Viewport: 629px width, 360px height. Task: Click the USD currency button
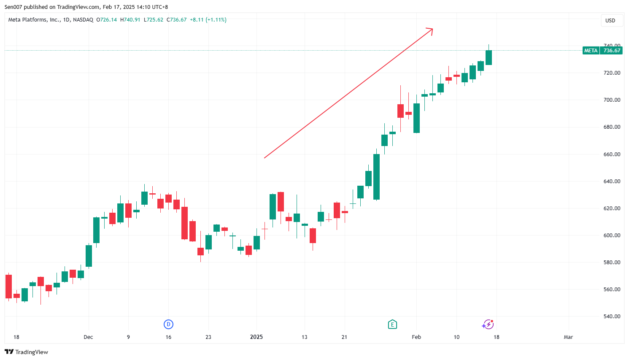(x=610, y=20)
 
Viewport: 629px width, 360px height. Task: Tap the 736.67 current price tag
(x=612, y=51)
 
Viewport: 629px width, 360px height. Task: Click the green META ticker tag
(x=591, y=51)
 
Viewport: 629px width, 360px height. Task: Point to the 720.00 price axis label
(x=612, y=73)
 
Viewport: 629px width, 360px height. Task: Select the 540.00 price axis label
(x=612, y=316)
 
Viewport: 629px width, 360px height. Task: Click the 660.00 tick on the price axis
(x=612, y=154)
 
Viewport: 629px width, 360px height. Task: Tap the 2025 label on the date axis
(x=256, y=337)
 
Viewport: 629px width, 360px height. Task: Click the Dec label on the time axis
(x=88, y=337)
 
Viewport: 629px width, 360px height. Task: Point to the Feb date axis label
(x=416, y=337)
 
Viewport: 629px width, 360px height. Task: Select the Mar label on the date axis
(x=568, y=337)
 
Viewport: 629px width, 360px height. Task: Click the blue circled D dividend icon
(x=168, y=324)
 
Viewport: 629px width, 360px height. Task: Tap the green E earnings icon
(x=392, y=324)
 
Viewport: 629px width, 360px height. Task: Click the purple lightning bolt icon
(x=488, y=324)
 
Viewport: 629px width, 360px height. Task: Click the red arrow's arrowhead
(x=431, y=30)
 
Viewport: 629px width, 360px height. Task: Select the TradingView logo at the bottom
(x=27, y=352)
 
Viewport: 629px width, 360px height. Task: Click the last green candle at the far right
(x=489, y=57)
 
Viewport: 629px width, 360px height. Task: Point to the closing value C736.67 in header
(x=177, y=20)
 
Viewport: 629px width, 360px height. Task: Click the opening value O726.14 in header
(x=107, y=20)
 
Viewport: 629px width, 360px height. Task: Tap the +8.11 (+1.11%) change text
(x=208, y=20)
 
